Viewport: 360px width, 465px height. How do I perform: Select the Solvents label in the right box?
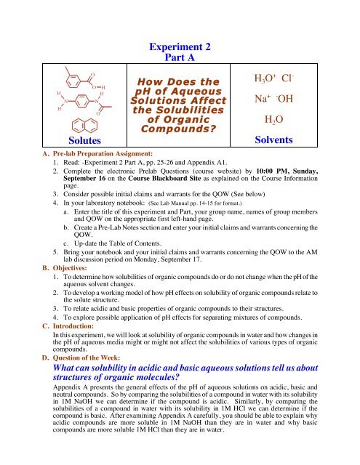pyautogui.click(x=289, y=137)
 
